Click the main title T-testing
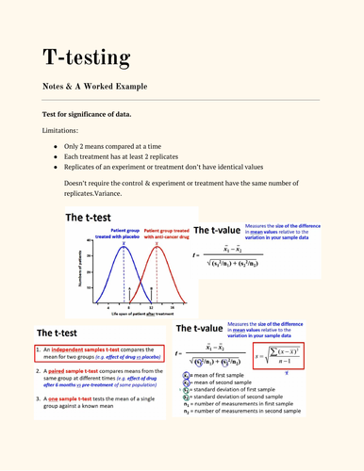[x=86, y=57]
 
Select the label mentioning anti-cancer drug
[x=167, y=234]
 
